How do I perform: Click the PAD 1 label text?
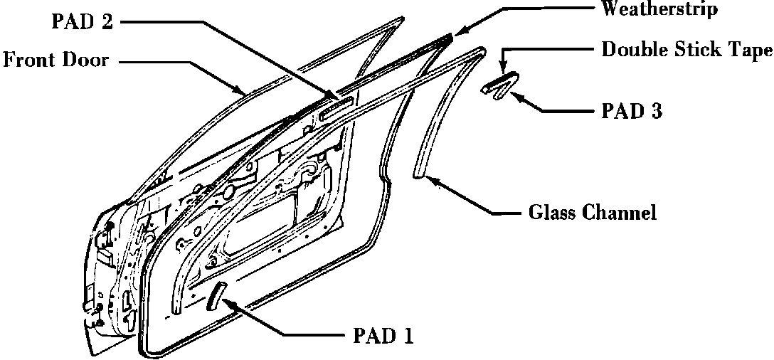pyautogui.click(x=383, y=335)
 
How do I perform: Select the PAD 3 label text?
pyautogui.click(x=632, y=111)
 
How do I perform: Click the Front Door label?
pyautogui.click(x=56, y=60)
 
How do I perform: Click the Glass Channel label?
pyautogui.click(x=592, y=212)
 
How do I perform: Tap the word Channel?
pyautogui.click(x=621, y=212)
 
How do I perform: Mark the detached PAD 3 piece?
pyautogui.click(x=500, y=85)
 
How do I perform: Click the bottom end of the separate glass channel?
pyautogui.click(x=419, y=174)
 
